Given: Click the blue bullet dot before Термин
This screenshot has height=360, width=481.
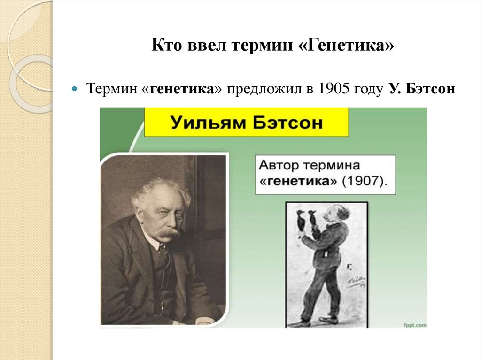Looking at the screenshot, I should click(75, 89).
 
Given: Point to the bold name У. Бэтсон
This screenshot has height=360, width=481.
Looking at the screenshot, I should click(421, 88).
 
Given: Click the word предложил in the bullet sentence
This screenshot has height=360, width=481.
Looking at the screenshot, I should click(265, 88).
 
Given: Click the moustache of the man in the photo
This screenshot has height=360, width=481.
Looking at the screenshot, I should click(168, 232).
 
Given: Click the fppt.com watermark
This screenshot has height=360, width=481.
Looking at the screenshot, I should click(413, 324).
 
